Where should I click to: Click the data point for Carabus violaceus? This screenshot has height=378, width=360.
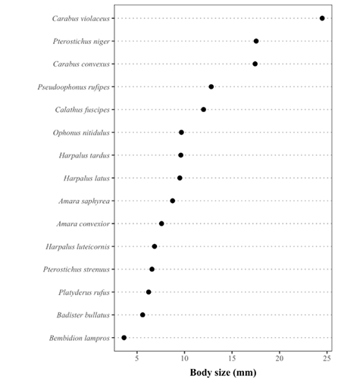pyautogui.click(x=322, y=18)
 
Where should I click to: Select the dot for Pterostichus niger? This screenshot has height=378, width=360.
pyautogui.click(x=256, y=41)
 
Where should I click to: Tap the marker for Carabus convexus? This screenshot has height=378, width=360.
pyautogui.click(x=255, y=64)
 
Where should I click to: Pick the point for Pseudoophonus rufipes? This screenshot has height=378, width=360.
pyautogui.click(x=211, y=87)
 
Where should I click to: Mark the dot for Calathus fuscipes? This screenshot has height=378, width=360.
pyautogui.click(x=203, y=110)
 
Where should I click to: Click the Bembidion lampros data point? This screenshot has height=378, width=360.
pyautogui.click(x=124, y=338)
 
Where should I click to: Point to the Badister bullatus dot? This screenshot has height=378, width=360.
pyautogui.click(x=142, y=315)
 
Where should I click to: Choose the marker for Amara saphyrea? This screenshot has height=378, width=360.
pyautogui.click(x=173, y=201)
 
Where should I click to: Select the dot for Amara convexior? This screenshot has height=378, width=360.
pyautogui.click(x=161, y=223)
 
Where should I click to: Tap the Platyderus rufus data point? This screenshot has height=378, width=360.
pyautogui.click(x=149, y=292)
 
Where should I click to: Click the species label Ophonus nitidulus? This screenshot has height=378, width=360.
pyautogui.click(x=81, y=133)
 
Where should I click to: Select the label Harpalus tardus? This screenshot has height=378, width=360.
pyautogui.click(x=84, y=155)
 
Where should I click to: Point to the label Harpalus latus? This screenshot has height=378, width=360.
pyautogui.click(x=86, y=178)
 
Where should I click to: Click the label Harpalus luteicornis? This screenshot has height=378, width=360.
pyautogui.click(x=77, y=246)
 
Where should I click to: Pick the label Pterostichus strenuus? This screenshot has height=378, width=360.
pyautogui.click(x=77, y=270)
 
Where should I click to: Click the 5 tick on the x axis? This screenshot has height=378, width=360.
pyautogui.click(x=137, y=358)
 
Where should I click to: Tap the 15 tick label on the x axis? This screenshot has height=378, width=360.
pyautogui.click(x=232, y=358)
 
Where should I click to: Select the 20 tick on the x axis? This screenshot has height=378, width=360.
pyautogui.click(x=280, y=358)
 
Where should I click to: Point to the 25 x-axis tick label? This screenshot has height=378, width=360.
pyautogui.click(x=327, y=358)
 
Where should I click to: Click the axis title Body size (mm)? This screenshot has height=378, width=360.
pyautogui.click(x=223, y=372)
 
